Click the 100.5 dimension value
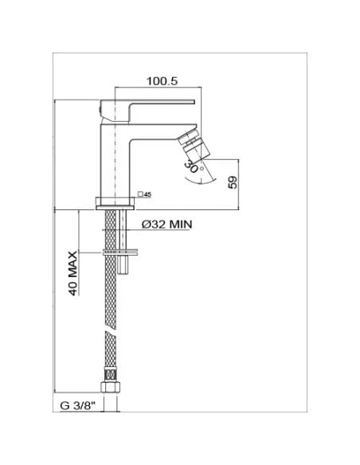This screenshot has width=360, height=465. pos(162,81)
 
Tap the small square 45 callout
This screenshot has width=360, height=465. pos(145,193)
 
